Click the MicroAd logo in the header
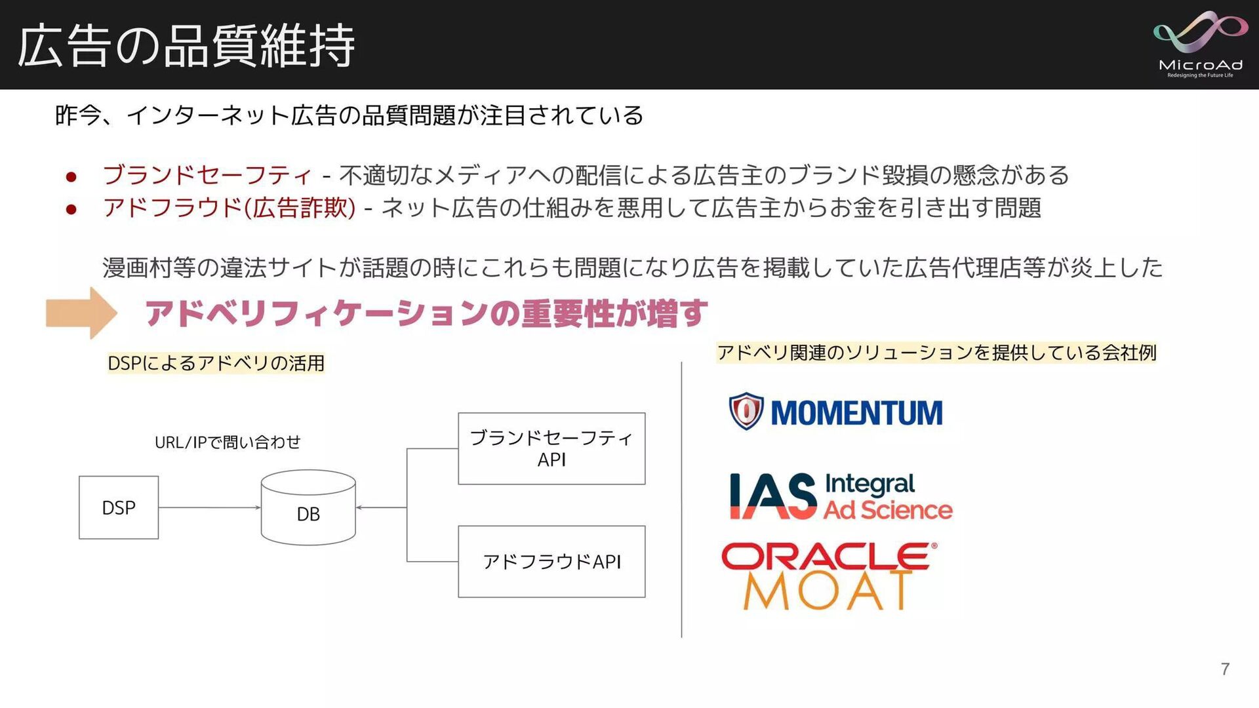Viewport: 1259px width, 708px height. pyautogui.click(x=1200, y=45)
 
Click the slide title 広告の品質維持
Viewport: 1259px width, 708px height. pyautogui.click(x=186, y=46)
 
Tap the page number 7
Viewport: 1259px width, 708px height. pyautogui.click(x=1225, y=669)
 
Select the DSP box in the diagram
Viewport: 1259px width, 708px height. pyautogui.click(x=119, y=507)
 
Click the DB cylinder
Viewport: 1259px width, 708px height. pyautogui.click(x=308, y=508)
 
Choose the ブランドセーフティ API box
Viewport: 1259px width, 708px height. pyautogui.click(x=551, y=448)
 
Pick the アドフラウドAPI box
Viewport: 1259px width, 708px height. pyautogui.click(x=551, y=562)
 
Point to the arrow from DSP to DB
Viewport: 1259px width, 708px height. pyautogui.click(x=210, y=507)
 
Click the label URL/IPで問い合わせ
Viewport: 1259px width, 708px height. pyautogui.click(x=228, y=442)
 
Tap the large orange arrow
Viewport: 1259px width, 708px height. pyautogui.click(x=81, y=313)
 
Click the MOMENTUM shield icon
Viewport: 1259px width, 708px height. pyautogui.click(x=746, y=411)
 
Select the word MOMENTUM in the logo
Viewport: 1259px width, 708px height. pyautogui.click(x=856, y=413)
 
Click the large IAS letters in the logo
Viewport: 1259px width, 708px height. pyautogui.click(x=773, y=496)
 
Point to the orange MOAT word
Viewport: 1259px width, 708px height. pyautogui.click(x=828, y=591)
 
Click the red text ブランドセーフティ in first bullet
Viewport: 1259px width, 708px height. pyautogui.click(x=207, y=175)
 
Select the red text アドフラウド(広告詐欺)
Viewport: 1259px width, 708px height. pyautogui.click(x=230, y=208)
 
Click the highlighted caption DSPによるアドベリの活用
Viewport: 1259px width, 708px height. pyautogui.click(x=216, y=363)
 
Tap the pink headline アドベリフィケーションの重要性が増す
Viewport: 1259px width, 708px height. pyautogui.click(x=426, y=313)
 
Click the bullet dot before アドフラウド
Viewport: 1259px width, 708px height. pyautogui.click(x=71, y=209)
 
